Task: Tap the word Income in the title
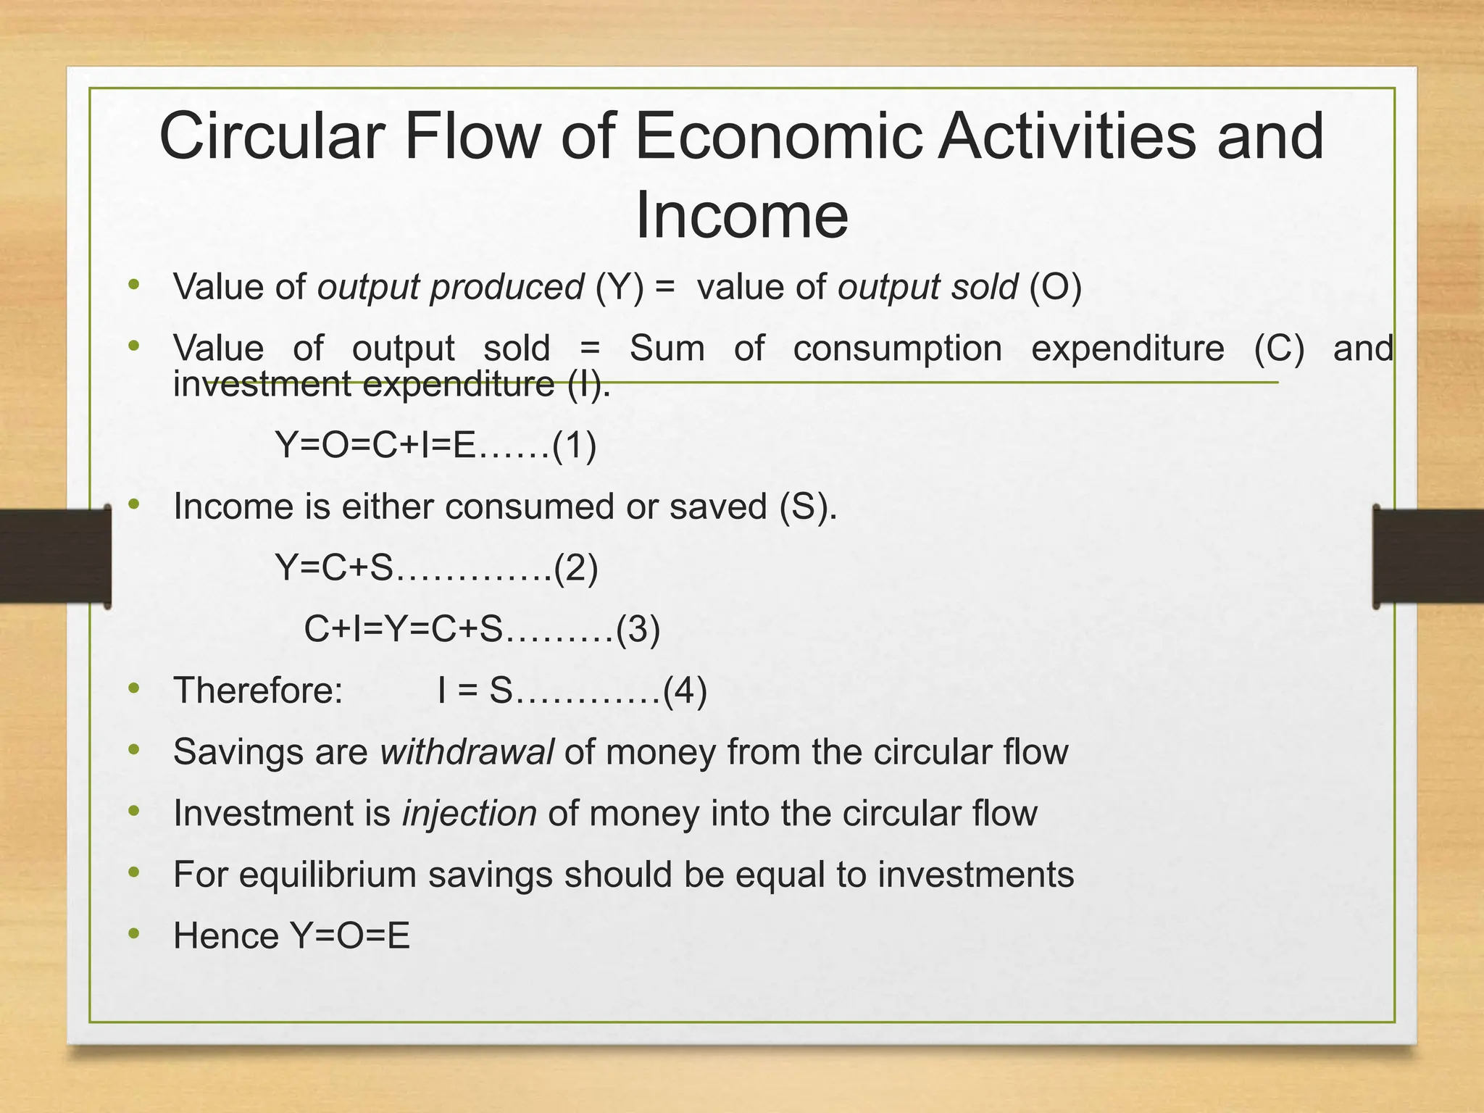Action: [741, 215]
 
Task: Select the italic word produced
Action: [507, 288]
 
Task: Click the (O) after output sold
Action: [1056, 288]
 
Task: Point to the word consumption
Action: [897, 349]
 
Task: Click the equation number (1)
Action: [574, 445]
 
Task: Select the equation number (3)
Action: [638, 629]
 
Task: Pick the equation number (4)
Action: [685, 691]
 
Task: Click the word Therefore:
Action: [258, 691]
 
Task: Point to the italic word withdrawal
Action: [467, 752]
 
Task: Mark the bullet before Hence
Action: [133, 934]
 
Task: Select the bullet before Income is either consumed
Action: [133, 504]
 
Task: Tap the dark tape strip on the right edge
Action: [1427, 556]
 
